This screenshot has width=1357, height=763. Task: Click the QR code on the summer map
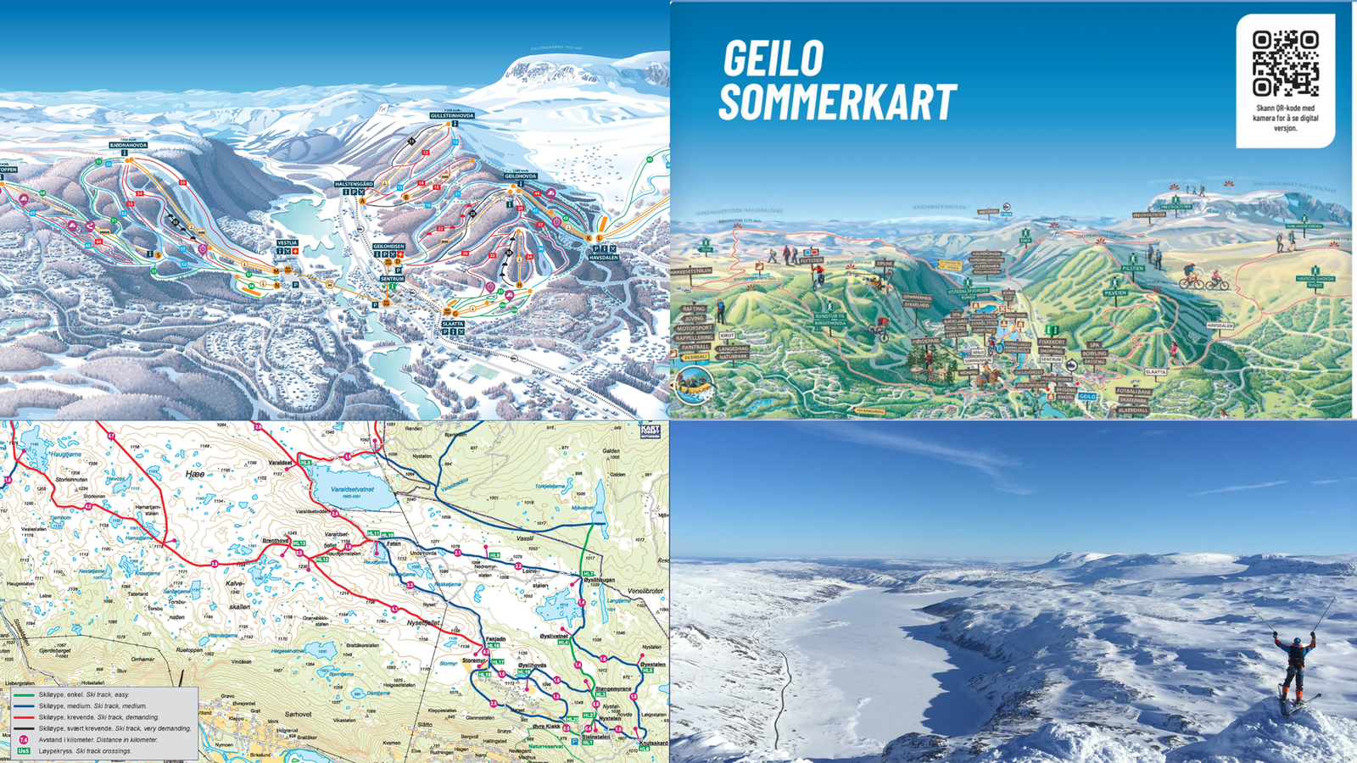[1286, 64]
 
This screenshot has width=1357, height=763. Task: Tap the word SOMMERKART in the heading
[838, 102]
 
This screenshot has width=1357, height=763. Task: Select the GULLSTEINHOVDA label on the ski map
[452, 115]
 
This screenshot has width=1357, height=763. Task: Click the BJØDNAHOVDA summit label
[128, 145]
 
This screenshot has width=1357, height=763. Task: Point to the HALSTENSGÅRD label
[354, 184]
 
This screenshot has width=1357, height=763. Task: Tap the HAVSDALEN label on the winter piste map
[603, 258]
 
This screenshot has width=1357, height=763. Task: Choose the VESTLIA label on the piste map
[287, 242]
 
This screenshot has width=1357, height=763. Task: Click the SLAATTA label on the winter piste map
[452, 324]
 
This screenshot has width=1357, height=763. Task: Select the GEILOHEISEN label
[388, 247]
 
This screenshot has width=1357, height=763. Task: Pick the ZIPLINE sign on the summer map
[885, 264]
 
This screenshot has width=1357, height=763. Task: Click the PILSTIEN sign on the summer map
[1133, 268]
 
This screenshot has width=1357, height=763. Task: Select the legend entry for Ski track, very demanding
[114, 728]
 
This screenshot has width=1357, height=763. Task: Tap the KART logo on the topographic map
[651, 431]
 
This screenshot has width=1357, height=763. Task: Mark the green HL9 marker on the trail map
[494, 555]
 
